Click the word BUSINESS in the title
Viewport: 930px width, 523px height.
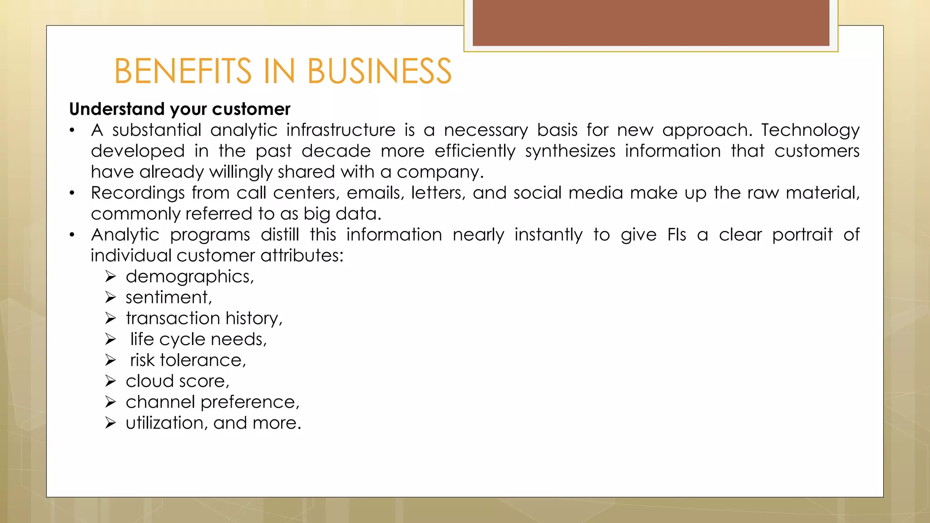coord(379,71)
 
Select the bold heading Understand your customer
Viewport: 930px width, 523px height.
coord(179,109)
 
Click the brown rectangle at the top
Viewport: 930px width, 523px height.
coord(651,23)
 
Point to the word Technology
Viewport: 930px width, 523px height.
coord(810,131)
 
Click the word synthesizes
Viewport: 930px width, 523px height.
coord(570,151)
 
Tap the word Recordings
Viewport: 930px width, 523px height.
coord(138,193)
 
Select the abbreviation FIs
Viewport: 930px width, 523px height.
coord(677,235)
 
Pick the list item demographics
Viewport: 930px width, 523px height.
coord(189,277)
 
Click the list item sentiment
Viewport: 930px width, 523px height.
coord(168,297)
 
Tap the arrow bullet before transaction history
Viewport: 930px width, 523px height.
coord(110,318)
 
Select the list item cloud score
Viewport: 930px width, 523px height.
coord(177,381)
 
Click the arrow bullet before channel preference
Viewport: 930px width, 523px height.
coord(110,402)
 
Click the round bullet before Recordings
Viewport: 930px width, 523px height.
coord(72,193)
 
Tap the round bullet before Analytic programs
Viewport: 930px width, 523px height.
coord(72,235)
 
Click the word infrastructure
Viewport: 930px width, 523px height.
coord(341,130)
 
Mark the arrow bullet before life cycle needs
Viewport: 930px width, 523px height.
coord(110,339)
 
